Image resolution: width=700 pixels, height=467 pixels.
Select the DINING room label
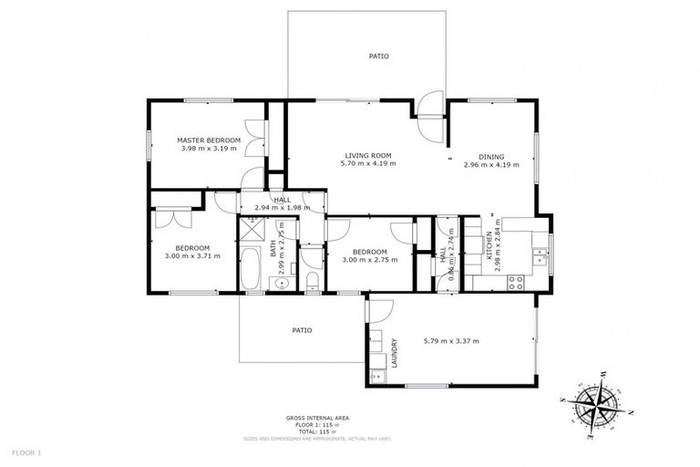point(490,156)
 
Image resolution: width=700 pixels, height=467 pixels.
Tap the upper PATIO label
point(378,57)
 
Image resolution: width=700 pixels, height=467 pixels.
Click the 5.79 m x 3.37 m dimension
point(450,341)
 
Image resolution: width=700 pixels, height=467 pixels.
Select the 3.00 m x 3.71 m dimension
point(193,256)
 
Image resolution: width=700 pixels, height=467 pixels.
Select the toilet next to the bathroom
point(312,278)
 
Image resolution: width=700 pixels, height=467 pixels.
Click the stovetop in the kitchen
point(518,281)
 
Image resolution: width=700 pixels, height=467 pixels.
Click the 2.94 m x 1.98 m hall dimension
point(283,208)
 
